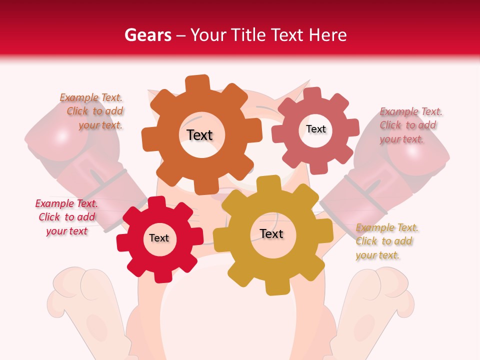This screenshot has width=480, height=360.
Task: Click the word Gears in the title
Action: pyautogui.click(x=148, y=35)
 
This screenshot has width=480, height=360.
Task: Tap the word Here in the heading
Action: pyautogui.click(x=327, y=35)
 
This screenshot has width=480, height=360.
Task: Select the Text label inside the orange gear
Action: pyautogui.click(x=200, y=135)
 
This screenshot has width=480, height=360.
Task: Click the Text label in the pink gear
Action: pyautogui.click(x=316, y=129)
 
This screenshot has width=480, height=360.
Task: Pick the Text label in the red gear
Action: pyautogui.click(x=159, y=238)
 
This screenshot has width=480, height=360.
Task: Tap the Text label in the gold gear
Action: pyautogui.click(x=271, y=233)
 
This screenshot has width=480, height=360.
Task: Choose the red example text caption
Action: pyautogui.click(x=66, y=217)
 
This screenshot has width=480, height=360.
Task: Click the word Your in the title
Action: pyautogui.click(x=205, y=35)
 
